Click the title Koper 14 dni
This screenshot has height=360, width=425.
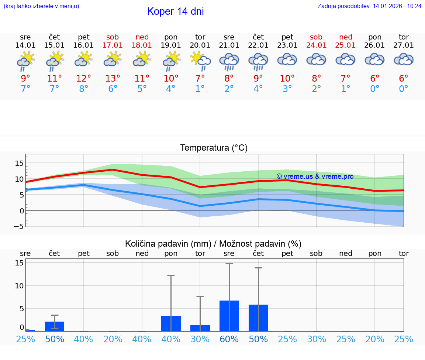(175, 11)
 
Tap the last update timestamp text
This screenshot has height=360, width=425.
(369, 6)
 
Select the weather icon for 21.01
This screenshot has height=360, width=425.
(229, 61)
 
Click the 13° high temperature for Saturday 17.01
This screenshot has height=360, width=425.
(113, 79)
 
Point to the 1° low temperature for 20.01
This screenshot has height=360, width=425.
(200, 89)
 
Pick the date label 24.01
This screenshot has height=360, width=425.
(316, 45)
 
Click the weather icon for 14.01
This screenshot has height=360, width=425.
(25, 61)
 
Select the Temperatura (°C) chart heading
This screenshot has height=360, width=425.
(214, 148)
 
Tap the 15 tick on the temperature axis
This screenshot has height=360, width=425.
(19, 163)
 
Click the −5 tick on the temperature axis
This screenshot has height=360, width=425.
(18, 226)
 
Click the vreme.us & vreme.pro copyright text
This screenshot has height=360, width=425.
(315, 176)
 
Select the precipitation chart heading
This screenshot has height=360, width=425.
(213, 244)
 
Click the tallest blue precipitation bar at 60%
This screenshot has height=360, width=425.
(229, 316)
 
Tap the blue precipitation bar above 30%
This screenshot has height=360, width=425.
(200, 328)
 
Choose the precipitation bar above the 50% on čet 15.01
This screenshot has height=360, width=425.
(55, 326)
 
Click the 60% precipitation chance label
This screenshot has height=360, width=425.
(229, 339)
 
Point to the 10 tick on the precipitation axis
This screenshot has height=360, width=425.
(19, 286)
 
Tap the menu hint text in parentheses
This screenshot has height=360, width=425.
(41, 6)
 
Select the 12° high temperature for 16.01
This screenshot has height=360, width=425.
(84, 79)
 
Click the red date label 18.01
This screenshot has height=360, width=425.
(142, 45)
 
